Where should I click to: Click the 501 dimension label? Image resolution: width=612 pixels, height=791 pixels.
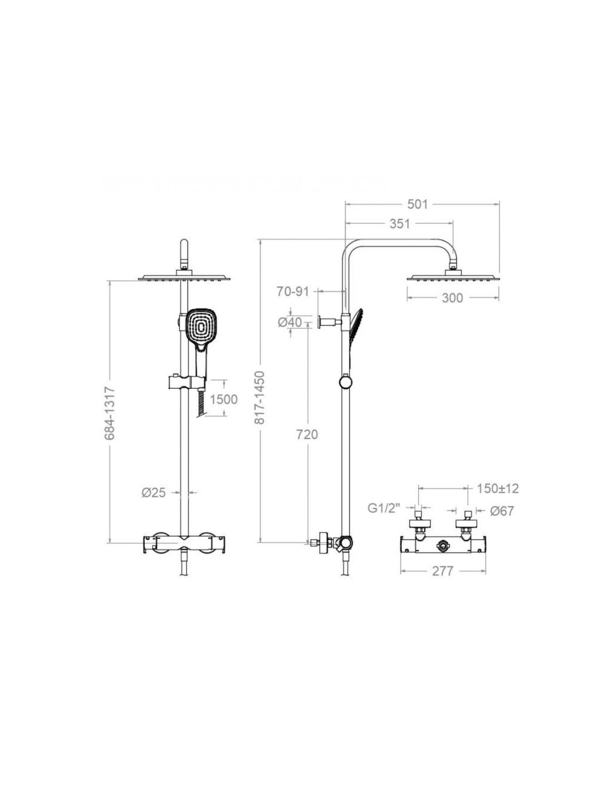pyautogui.click(x=417, y=204)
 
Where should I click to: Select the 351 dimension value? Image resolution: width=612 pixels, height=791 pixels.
pyautogui.click(x=399, y=224)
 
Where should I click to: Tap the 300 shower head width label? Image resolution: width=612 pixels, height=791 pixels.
pyautogui.click(x=452, y=298)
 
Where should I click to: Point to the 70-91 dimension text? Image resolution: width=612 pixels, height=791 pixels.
pyautogui.click(x=292, y=291)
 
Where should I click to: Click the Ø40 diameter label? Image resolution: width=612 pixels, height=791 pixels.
pyautogui.click(x=290, y=322)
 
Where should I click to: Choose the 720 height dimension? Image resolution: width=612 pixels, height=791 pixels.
pyautogui.click(x=307, y=434)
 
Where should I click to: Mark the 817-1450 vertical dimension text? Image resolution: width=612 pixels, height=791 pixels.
pyautogui.click(x=259, y=398)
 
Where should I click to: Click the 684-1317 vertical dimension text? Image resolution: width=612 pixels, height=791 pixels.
pyautogui.click(x=110, y=414)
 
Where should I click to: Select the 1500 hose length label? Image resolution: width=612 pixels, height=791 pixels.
pyautogui.click(x=224, y=399)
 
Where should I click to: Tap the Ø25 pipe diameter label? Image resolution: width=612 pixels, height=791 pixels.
pyautogui.click(x=153, y=493)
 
